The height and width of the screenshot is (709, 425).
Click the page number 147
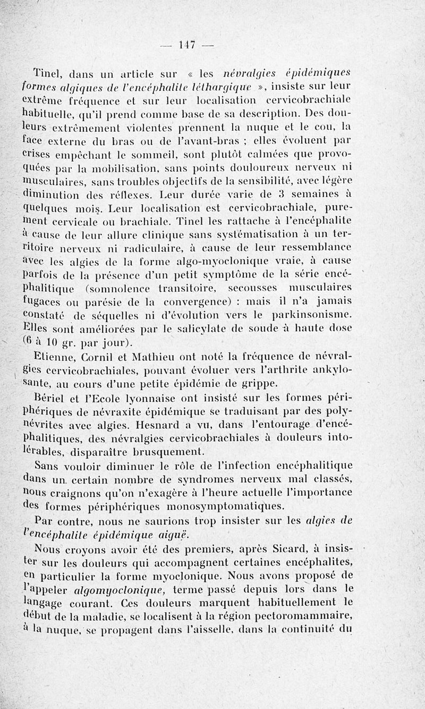(x=187, y=45)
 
